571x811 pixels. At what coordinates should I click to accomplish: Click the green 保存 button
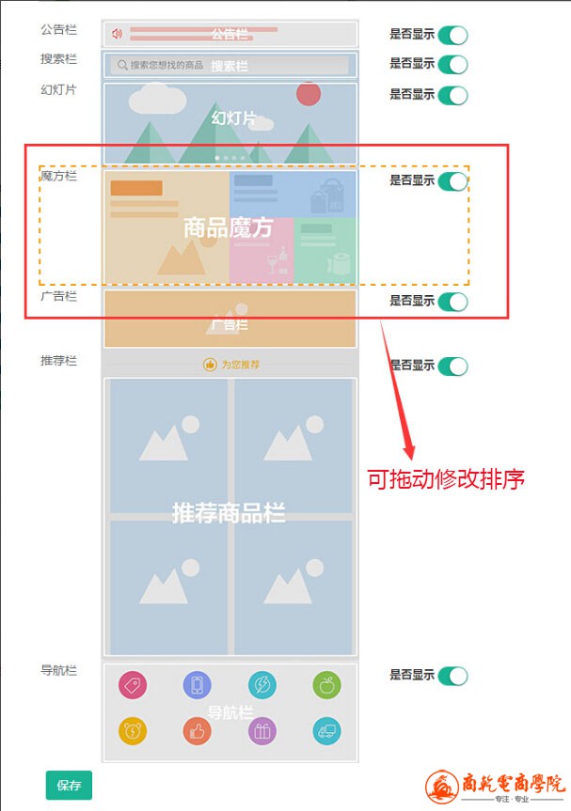tap(69, 786)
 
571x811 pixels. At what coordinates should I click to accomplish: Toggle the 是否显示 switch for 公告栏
tap(452, 35)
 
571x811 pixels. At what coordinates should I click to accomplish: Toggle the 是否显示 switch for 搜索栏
tap(452, 64)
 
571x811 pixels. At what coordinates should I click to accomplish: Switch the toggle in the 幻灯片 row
tap(452, 94)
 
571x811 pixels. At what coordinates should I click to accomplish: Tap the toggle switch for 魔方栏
tap(452, 180)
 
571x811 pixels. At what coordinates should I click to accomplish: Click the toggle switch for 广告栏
tap(452, 301)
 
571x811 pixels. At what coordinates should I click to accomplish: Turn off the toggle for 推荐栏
tap(452, 366)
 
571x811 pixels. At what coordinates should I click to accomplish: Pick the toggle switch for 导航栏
tap(452, 675)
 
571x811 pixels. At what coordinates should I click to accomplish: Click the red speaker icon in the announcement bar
tap(118, 34)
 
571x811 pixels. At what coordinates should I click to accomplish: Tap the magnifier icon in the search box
tap(122, 66)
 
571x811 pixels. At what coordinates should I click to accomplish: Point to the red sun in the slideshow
tap(309, 94)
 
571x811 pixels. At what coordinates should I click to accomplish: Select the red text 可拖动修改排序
tap(445, 478)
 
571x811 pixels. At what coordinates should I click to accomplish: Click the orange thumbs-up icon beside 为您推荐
tap(211, 365)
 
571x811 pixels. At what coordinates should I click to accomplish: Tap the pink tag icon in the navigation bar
tap(133, 685)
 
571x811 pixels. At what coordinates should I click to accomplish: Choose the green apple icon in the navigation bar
tap(326, 685)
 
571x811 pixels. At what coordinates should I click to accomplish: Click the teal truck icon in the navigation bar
tap(326, 730)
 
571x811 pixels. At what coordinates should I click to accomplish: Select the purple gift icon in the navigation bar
tap(262, 730)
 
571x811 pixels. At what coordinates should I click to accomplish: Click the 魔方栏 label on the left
tap(58, 176)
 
